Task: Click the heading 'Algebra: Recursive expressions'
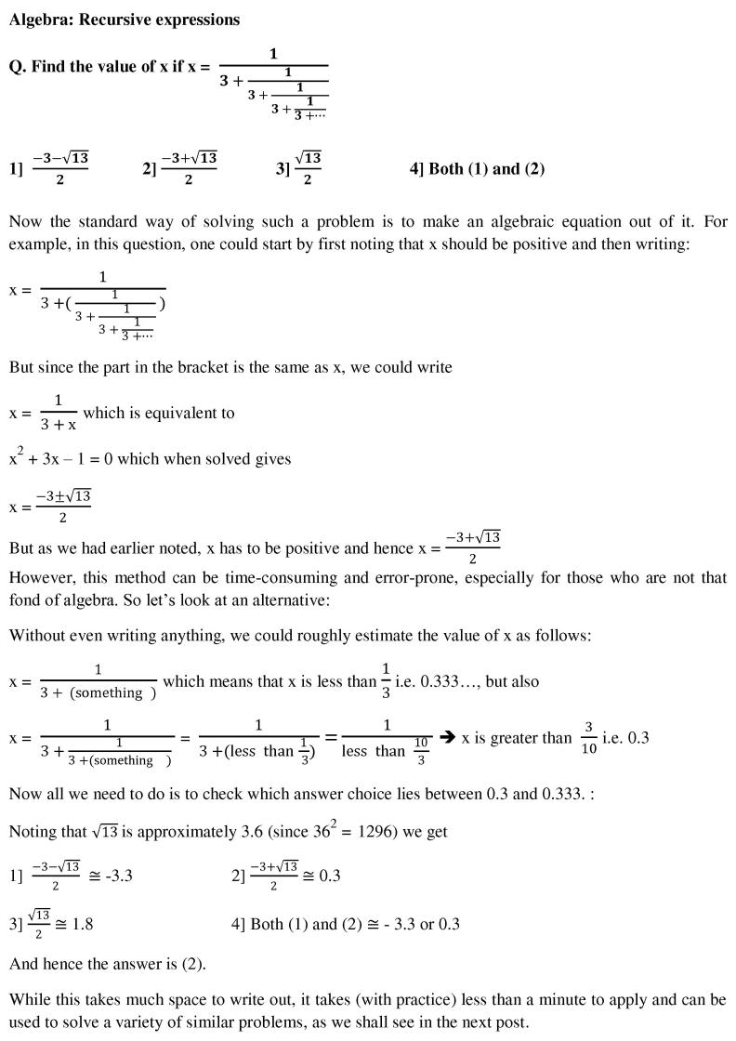[125, 20]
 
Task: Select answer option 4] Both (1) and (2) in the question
[477, 168]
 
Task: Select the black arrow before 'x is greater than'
[446, 737]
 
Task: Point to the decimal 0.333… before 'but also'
[449, 681]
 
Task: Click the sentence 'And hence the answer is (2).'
[108, 965]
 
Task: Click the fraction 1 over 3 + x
[59, 413]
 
